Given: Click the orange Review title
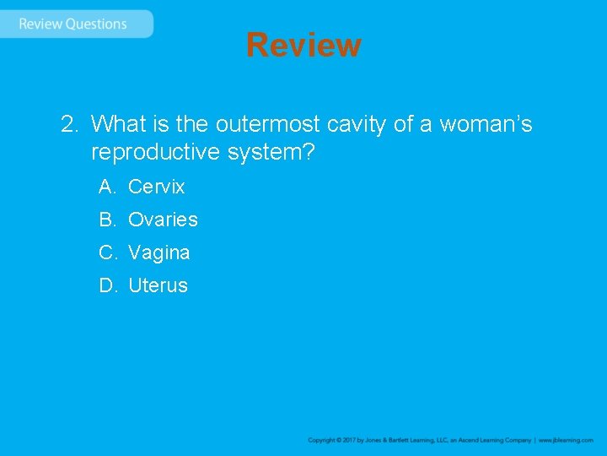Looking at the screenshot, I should (303, 45).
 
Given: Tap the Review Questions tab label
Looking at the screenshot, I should (73, 24).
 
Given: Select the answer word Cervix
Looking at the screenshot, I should (156, 187).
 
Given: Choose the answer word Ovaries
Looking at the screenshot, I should (163, 220).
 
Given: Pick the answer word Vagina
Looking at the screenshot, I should (158, 252).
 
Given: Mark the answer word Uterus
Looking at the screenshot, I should (158, 285).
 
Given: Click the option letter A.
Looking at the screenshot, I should (106, 187).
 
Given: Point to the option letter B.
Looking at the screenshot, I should (106, 220).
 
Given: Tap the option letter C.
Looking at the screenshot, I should (107, 252).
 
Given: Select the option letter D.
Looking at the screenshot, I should (107, 285).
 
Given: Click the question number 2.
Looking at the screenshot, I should (68, 125).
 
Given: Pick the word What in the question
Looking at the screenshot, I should (119, 125).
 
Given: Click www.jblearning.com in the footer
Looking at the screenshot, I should (566, 440).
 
